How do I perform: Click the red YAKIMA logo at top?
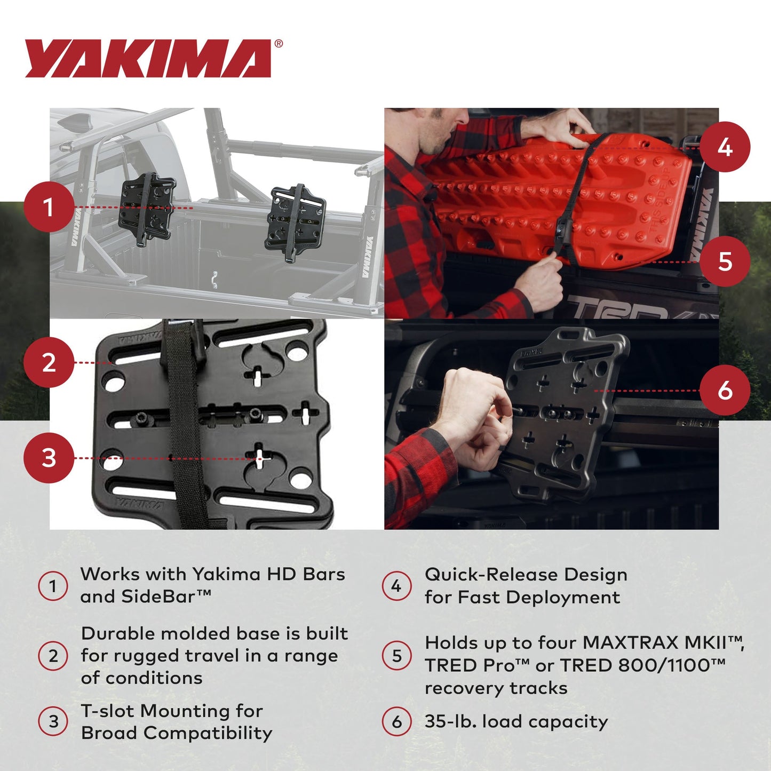[x=148, y=59]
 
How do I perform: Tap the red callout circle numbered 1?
[x=49, y=207]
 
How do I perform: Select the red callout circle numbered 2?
[x=49, y=363]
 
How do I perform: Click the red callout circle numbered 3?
[x=49, y=458]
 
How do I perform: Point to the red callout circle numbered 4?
[x=725, y=147]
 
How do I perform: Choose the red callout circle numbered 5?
[x=725, y=261]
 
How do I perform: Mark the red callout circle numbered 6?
[x=725, y=391]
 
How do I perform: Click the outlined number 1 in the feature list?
[x=53, y=586]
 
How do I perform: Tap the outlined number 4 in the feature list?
[x=396, y=586]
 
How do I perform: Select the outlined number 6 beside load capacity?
[x=396, y=722]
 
